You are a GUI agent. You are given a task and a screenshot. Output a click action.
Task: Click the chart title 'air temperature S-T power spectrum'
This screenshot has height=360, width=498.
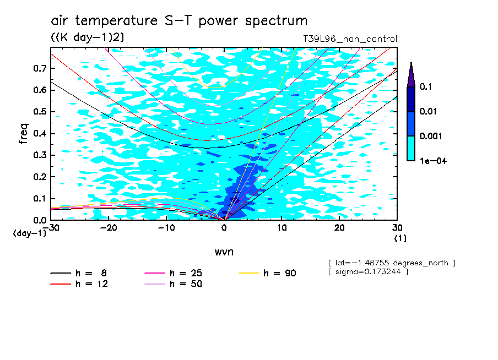tap(179, 21)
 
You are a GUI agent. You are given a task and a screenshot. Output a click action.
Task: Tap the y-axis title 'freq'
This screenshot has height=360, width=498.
tap(24, 134)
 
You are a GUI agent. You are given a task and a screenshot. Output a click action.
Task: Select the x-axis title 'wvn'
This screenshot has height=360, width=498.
tap(224, 252)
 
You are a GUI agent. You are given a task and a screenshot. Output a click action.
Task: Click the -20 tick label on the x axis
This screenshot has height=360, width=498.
tap(109, 228)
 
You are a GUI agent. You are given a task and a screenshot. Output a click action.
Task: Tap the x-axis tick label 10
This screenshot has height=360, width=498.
tap(282, 228)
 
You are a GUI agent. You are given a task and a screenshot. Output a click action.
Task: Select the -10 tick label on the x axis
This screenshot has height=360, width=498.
tap(166, 228)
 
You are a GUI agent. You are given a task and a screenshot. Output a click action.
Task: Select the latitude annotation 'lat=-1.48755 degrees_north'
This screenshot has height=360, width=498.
tap(392, 263)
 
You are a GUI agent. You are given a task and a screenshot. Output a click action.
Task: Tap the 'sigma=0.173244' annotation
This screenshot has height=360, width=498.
tap(368, 272)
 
